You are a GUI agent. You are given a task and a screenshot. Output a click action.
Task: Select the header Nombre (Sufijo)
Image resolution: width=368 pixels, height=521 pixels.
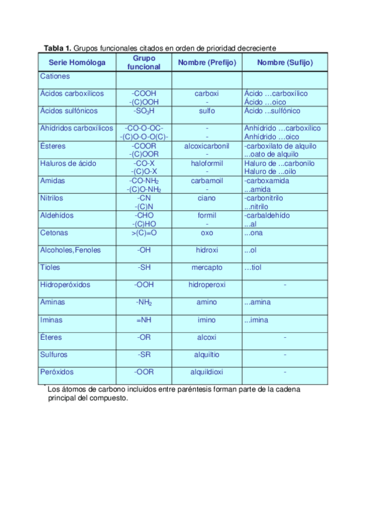tap(285, 63)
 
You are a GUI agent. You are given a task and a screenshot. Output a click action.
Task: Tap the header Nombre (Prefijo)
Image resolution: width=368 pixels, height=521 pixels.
tap(207, 63)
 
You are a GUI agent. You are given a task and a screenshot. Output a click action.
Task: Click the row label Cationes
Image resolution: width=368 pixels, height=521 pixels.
tap(55, 77)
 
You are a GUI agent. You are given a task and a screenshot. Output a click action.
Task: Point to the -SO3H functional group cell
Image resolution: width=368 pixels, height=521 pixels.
tap(144, 111)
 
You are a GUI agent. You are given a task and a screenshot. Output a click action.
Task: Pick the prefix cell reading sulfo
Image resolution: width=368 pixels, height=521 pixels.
tap(207, 111)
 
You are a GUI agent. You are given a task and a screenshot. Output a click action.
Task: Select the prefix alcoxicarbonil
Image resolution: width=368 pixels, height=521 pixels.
tap(207, 146)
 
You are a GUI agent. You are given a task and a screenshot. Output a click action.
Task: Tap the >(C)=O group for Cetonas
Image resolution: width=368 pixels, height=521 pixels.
tap(144, 233)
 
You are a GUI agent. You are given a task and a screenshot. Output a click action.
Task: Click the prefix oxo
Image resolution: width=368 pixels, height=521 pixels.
tap(207, 233)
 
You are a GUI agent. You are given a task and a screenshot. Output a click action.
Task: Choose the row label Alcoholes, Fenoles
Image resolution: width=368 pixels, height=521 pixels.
tap(70, 250)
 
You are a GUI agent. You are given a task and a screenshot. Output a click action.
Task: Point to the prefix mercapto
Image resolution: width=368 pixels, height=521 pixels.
tap(207, 268)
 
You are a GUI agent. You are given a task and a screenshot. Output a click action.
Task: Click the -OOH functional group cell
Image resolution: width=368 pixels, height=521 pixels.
tap(144, 285)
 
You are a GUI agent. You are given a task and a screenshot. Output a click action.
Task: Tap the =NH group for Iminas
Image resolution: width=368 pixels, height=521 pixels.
tap(144, 320)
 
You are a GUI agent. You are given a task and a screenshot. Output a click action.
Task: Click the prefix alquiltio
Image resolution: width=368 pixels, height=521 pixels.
tap(207, 355)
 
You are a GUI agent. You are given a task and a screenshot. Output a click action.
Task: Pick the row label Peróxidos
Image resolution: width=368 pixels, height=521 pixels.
tap(57, 372)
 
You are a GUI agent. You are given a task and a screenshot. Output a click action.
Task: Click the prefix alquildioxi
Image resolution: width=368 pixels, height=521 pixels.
tap(207, 372)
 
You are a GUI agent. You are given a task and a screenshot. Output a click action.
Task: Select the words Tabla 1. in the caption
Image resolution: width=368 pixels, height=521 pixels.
tap(58, 48)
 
